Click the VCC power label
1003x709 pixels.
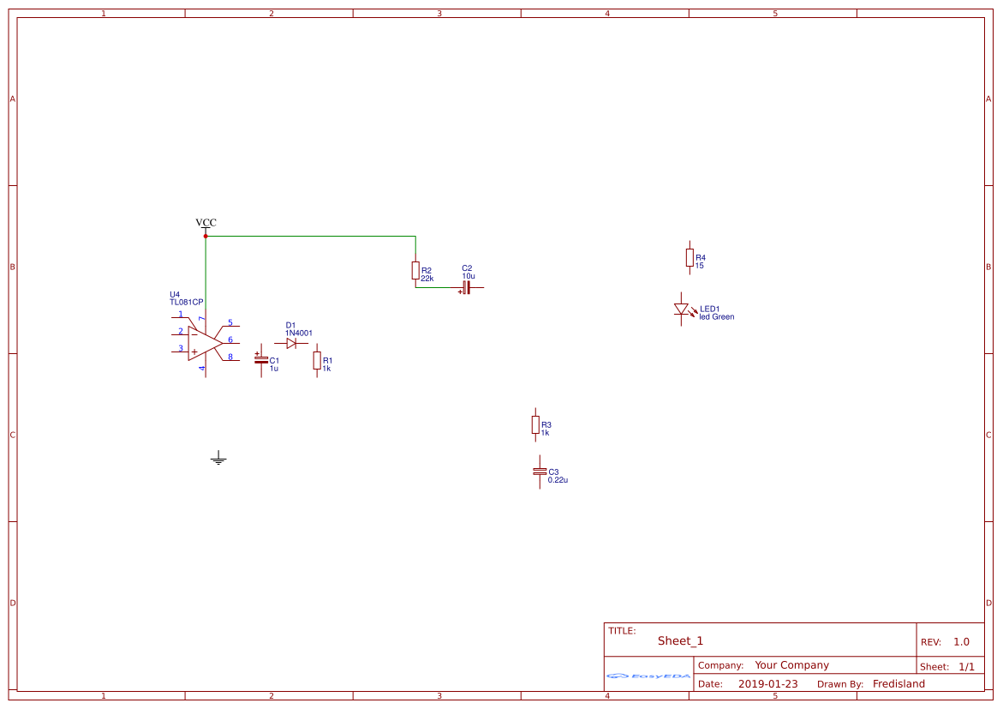coord(206,222)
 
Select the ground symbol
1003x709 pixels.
coord(218,458)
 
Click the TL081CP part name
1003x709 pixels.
coord(186,303)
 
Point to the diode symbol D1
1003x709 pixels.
coord(292,343)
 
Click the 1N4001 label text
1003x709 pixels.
coord(299,333)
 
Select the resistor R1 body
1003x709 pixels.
coord(317,361)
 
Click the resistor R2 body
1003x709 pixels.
coord(415,270)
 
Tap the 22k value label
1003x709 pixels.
coord(427,279)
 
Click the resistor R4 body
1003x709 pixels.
coord(690,257)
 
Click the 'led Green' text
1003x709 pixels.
coord(716,317)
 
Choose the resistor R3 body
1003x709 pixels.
coord(535,424)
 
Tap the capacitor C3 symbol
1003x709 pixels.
coord(540,472)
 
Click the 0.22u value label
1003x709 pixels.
coord(558,480)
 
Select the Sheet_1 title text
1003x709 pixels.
coord(680,640)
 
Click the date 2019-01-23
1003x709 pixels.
coord(767,684)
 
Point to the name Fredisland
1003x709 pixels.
coord(899,684)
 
